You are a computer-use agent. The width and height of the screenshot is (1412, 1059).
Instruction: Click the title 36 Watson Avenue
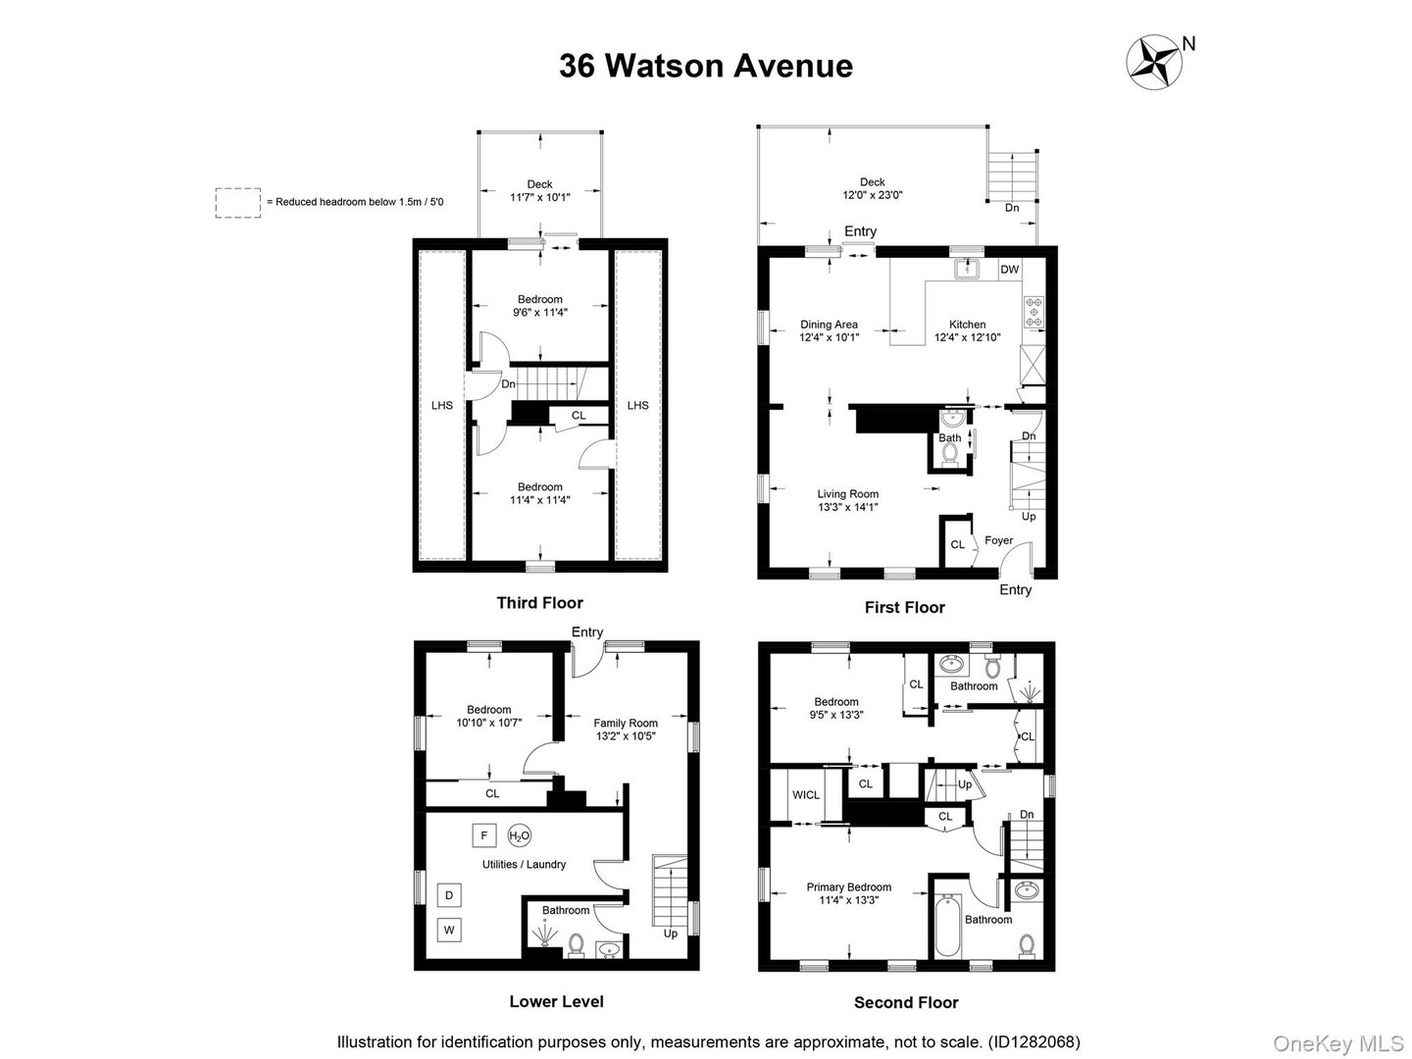(705, 66)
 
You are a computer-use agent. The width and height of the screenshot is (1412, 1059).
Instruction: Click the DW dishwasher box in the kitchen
(1009, 269)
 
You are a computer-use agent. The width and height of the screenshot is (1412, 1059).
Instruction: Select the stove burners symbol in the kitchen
(1034, 312)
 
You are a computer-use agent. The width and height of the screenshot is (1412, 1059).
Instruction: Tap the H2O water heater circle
(520, 835)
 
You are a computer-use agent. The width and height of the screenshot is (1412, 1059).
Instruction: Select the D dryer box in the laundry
(449, 895)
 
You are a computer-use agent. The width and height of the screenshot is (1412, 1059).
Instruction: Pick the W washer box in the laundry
(449, 930)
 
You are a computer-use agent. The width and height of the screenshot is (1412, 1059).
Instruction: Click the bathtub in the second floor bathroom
(946, 926)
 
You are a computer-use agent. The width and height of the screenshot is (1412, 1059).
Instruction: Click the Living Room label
(848, 494)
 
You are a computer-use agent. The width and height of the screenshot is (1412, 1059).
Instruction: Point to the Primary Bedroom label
(848, 887)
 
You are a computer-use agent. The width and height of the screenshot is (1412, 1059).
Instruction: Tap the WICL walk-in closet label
(806, 794)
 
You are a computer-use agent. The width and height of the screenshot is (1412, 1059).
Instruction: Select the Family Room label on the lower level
(626, 724)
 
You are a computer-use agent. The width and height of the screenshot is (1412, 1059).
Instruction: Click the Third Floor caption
(539, 603)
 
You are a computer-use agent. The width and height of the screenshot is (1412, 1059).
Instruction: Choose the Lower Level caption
(556, 1001)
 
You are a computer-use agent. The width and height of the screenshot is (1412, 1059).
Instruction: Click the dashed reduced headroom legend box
(238, 202)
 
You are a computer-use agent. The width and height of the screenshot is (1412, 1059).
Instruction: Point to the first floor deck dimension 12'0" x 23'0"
(872, 195)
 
